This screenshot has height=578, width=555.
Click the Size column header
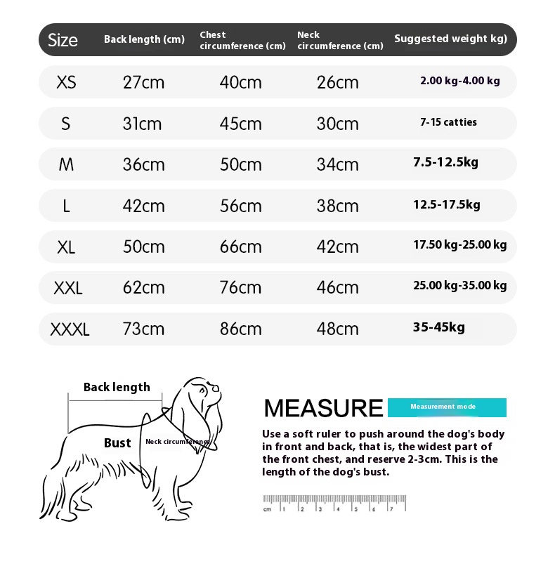click(63, 40)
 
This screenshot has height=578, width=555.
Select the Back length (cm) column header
click(144, 39)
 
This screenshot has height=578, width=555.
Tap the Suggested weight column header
click(450, 39)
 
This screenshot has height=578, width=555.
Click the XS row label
click(66, 82)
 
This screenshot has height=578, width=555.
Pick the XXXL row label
click(70, 329)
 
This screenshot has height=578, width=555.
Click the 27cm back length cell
click(143, 82)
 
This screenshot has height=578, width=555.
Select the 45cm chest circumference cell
click(240, 124)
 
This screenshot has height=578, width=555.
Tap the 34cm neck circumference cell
click(337, 164)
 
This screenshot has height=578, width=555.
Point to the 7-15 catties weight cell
click(448, 122)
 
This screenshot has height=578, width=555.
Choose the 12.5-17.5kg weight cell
click(446, 204)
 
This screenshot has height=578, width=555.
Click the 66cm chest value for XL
click(240, 247)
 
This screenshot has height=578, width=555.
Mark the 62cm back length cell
click(143, 287)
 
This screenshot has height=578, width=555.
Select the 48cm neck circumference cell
click(337, 329)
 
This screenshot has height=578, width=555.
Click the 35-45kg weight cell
click(438, 327)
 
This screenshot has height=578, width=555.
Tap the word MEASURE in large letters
click(323, 408)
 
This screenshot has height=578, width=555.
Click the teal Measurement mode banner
click(447, 407)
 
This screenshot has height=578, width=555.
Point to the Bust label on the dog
click(117, 443)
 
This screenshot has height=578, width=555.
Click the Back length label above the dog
click(117, 387)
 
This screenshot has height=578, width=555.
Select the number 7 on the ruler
click(391, 508)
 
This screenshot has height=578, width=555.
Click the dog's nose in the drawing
click(217, 387)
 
